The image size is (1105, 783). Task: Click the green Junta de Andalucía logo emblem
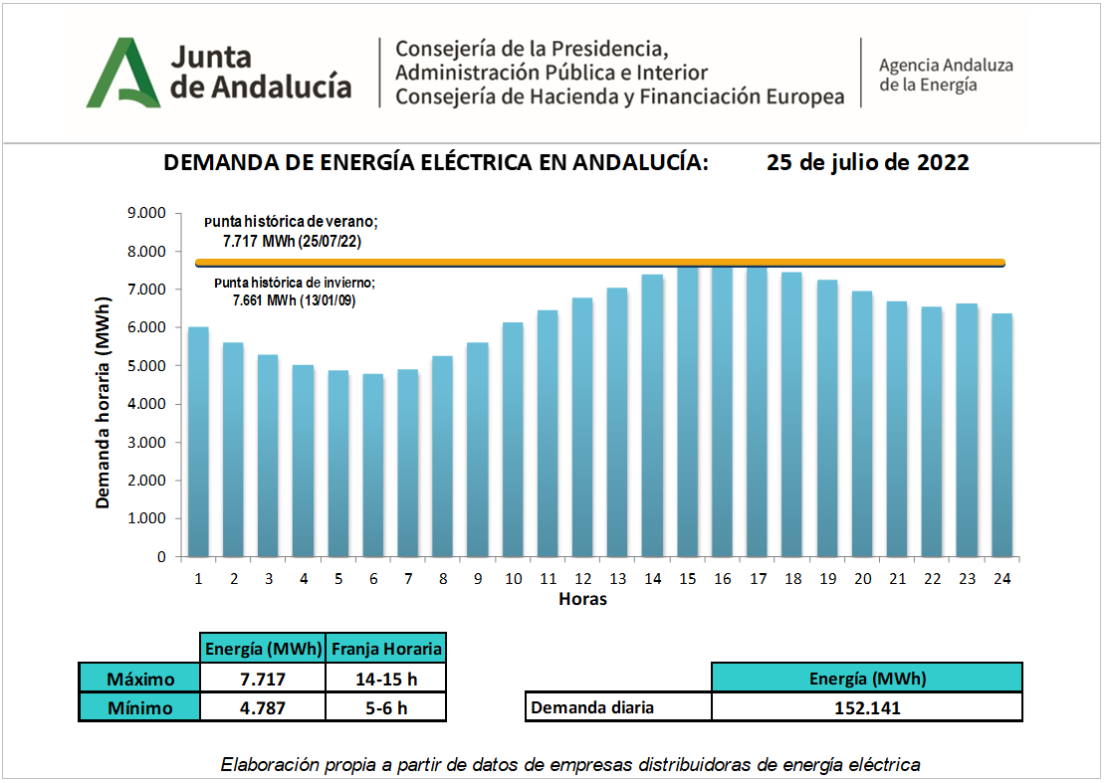pyautogui.click(x=123, y=73)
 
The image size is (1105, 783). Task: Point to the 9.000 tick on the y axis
pyautogui.click(x=145, y=213)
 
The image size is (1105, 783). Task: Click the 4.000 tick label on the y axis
pyautogui.click(x=145, y=404)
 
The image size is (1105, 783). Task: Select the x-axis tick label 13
pyautogui.click(x=616, y=578)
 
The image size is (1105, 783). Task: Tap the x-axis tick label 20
pyautogui.click(x=862, y=578)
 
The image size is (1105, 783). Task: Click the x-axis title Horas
pyautogui.click(x=582, y=599)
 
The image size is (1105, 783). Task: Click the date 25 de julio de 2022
pyautogui.click(x=868, y=163)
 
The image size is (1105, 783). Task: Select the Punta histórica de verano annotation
pyautogui.click(x=291, y=231)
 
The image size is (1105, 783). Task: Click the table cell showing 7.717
pyautogui.click(x=263, y=679)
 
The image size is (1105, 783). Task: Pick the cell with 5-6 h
pyautogui.click(x=385, y=707)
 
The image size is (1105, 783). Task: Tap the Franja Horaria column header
pyautogui.click(x=385, y=649)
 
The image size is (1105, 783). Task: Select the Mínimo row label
pyautogui.click(x=139, y=707)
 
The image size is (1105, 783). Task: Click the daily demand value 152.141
pyautogui.click(x=866, y=707)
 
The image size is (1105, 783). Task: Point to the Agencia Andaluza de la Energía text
pyautogui.click(x=945, y=75)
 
